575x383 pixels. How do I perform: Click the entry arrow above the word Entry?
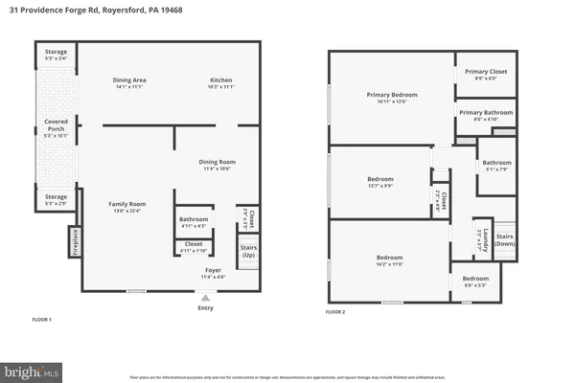click(204, 298)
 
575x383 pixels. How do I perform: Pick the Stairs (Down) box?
click(506, 240)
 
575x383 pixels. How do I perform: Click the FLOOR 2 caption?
click(335, 312)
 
